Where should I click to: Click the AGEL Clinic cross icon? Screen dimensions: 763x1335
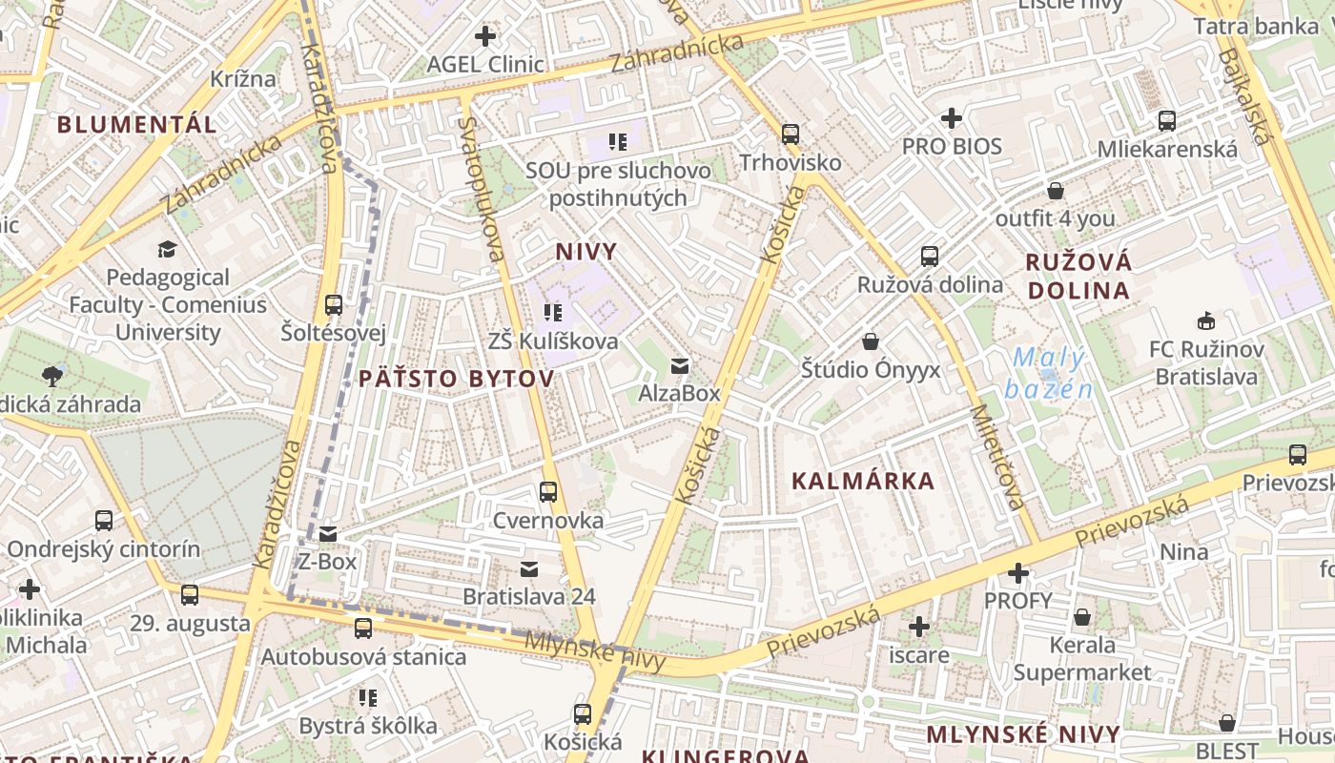[x=485, y=37]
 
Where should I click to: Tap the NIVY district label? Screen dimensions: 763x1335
[x=586, y=252]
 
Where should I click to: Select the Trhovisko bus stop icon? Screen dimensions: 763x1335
[x=791, y=134]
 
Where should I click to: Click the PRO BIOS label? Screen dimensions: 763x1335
[x=952, y=146]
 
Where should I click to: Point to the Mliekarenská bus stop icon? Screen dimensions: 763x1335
[x=1167, y=121]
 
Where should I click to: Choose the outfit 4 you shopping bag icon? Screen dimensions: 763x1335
[x=1056, y=191]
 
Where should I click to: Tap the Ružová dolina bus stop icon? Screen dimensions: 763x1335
[x=930, y=257]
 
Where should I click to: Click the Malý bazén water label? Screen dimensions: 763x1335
[x=1049, y=373]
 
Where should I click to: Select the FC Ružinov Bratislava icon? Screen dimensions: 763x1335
[x=1206, y=320]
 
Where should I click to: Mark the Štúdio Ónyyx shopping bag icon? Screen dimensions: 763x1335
[x=870, y=341]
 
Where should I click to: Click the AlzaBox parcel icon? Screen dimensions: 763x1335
[x=679, y=365]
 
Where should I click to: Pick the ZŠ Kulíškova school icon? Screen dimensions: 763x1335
[x=552, y=312]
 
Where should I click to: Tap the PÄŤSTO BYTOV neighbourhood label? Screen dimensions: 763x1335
[x=456, y=379]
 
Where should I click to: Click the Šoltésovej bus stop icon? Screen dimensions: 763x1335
[x=333, y=305]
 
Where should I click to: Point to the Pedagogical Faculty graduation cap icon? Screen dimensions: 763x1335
[x=168, y=249]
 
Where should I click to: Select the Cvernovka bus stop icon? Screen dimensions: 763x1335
[x=548, y=492]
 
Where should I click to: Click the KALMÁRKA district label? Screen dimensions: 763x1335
[x=863, y=481]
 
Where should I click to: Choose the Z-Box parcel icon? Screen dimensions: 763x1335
[x=328, y=534]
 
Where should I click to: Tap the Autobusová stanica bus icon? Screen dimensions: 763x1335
[x=363, y=629]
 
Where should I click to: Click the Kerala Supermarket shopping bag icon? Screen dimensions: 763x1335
[x=1082, y=617]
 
